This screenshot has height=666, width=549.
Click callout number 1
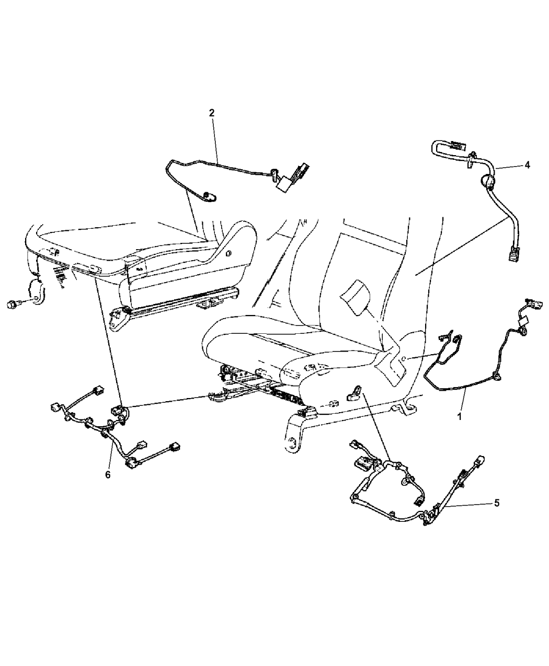coord(459,416)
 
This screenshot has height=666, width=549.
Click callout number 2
coord(212,113)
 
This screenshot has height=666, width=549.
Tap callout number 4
coord(527,165)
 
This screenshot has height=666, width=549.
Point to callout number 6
coord(108,484)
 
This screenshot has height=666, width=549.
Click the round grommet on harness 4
coord(487,182)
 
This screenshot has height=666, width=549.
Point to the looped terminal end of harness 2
coord(210,197)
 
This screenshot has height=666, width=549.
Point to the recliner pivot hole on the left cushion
coord(228,245)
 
